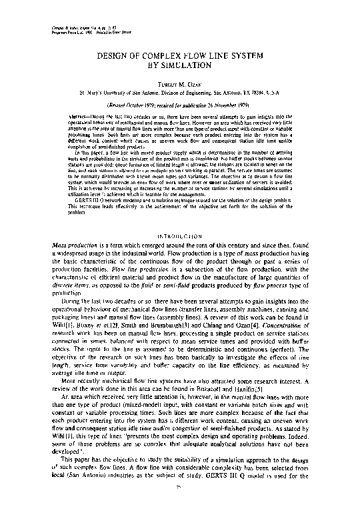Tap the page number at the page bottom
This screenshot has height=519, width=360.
(180, 506)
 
